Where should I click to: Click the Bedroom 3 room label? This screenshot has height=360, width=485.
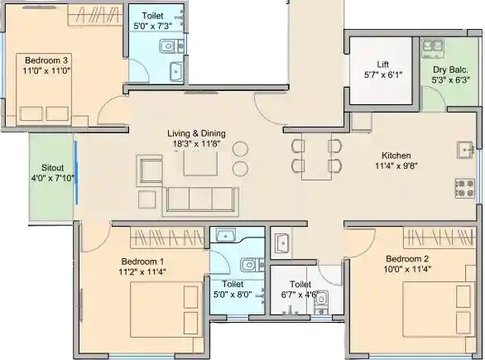45,60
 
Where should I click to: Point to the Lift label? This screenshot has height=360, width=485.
382,64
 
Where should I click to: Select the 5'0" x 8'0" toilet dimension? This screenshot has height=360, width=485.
232,293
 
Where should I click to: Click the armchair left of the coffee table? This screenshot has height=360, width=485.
152,170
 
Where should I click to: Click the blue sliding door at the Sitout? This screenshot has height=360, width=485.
75,172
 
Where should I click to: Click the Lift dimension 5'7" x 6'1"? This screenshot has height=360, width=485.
382,74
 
